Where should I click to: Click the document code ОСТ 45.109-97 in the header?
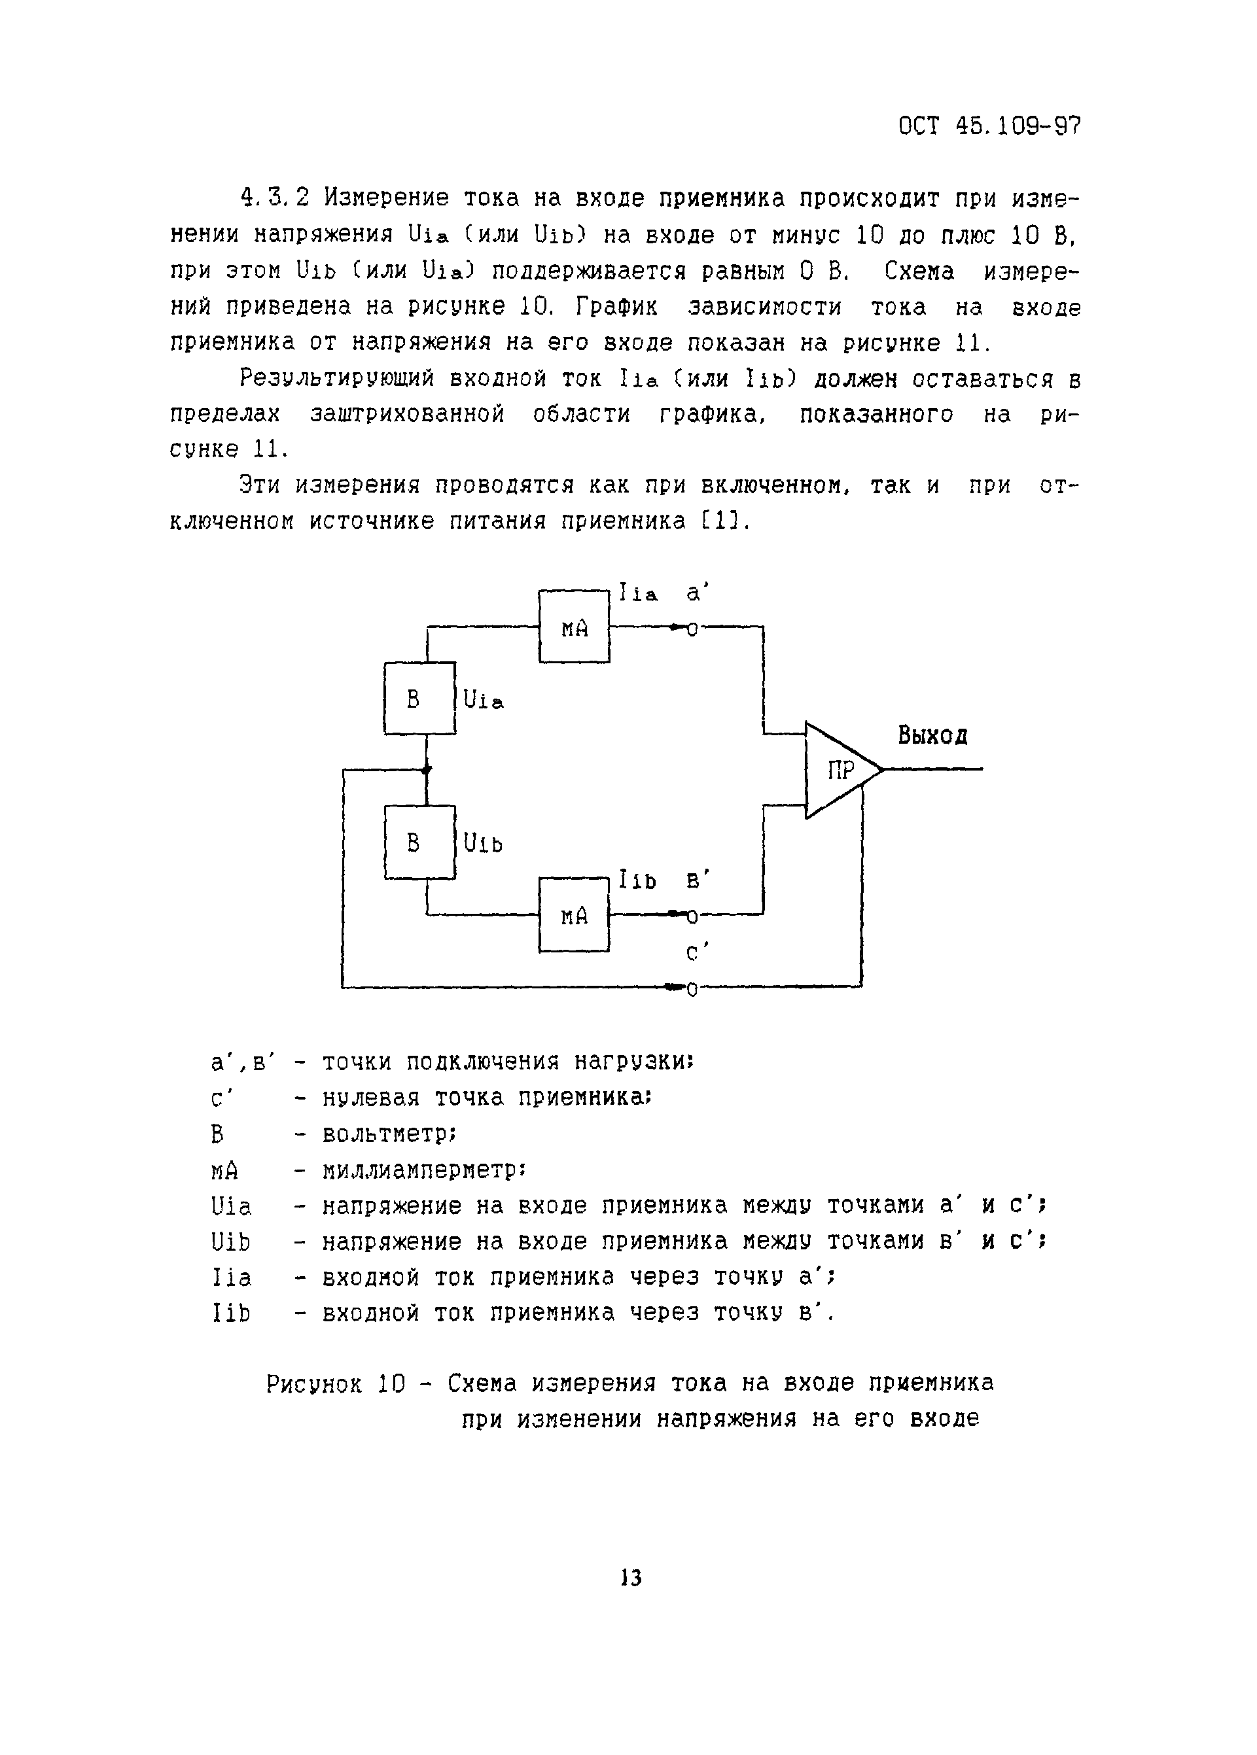point(989,126)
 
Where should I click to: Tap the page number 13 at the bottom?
point(631,1578)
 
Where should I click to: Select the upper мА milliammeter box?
point(575,627)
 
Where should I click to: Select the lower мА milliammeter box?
point(575,914)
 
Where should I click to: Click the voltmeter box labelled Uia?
point(419,698)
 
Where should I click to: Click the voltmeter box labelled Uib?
point(419,842)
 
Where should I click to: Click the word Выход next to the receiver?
point(932,735)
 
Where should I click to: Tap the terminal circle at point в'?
point(692,917)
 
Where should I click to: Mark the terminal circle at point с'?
point(692,989)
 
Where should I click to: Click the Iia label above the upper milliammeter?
point(638,593)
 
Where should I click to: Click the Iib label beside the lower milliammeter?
point(637,880)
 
